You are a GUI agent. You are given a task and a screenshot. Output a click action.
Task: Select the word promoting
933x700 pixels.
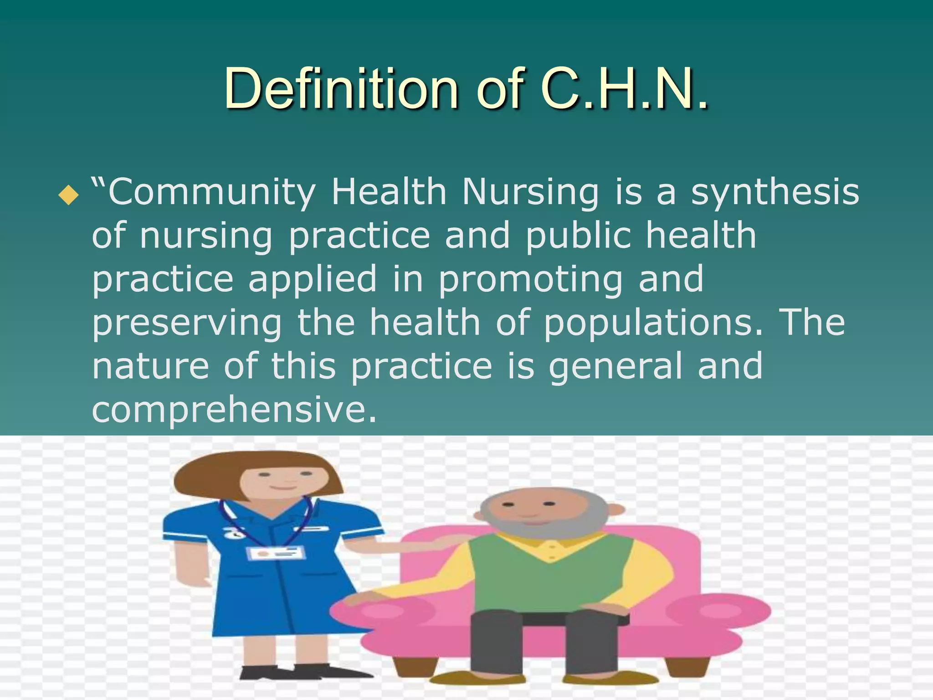coord(530,280)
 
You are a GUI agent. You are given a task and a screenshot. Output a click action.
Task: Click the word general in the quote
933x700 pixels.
coord(615,366)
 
